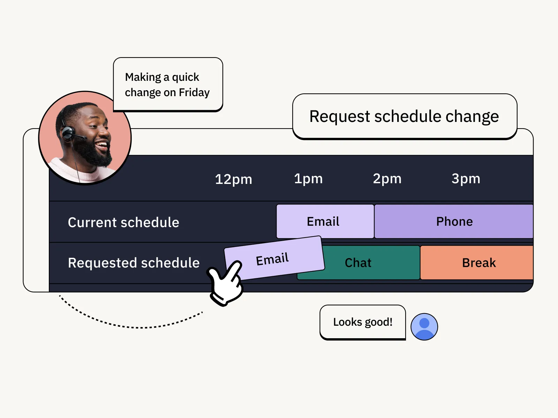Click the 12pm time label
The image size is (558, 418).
pyautogui.click(x=233, y=179)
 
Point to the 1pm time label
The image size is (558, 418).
pyautogui.click(x=308, y=179)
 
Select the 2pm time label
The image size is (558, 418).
pyautogui.click(x=387, y=179)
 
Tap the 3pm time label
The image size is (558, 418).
pyautogui.click(x=466, y=179)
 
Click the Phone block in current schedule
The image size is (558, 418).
pyautogui.click(x=454, y=222)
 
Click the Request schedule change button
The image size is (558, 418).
pyautogui.click(x=405, y=116)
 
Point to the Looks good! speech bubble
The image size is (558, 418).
pyautogui.click(x=363, y=322)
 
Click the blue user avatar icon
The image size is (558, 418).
pyautogui.click(x=424, y=327)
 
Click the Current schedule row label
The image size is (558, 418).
pyautogui.click(x=123, y=222)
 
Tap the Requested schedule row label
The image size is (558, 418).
pyautogui.click(x=134, y=263)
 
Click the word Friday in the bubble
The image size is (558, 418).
pyautogui.click(x=194, y=93)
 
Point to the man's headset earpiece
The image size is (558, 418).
pyautogui.click(x=68, y=133)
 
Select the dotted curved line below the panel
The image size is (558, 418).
pyautogui.click(x=133, y=327)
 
